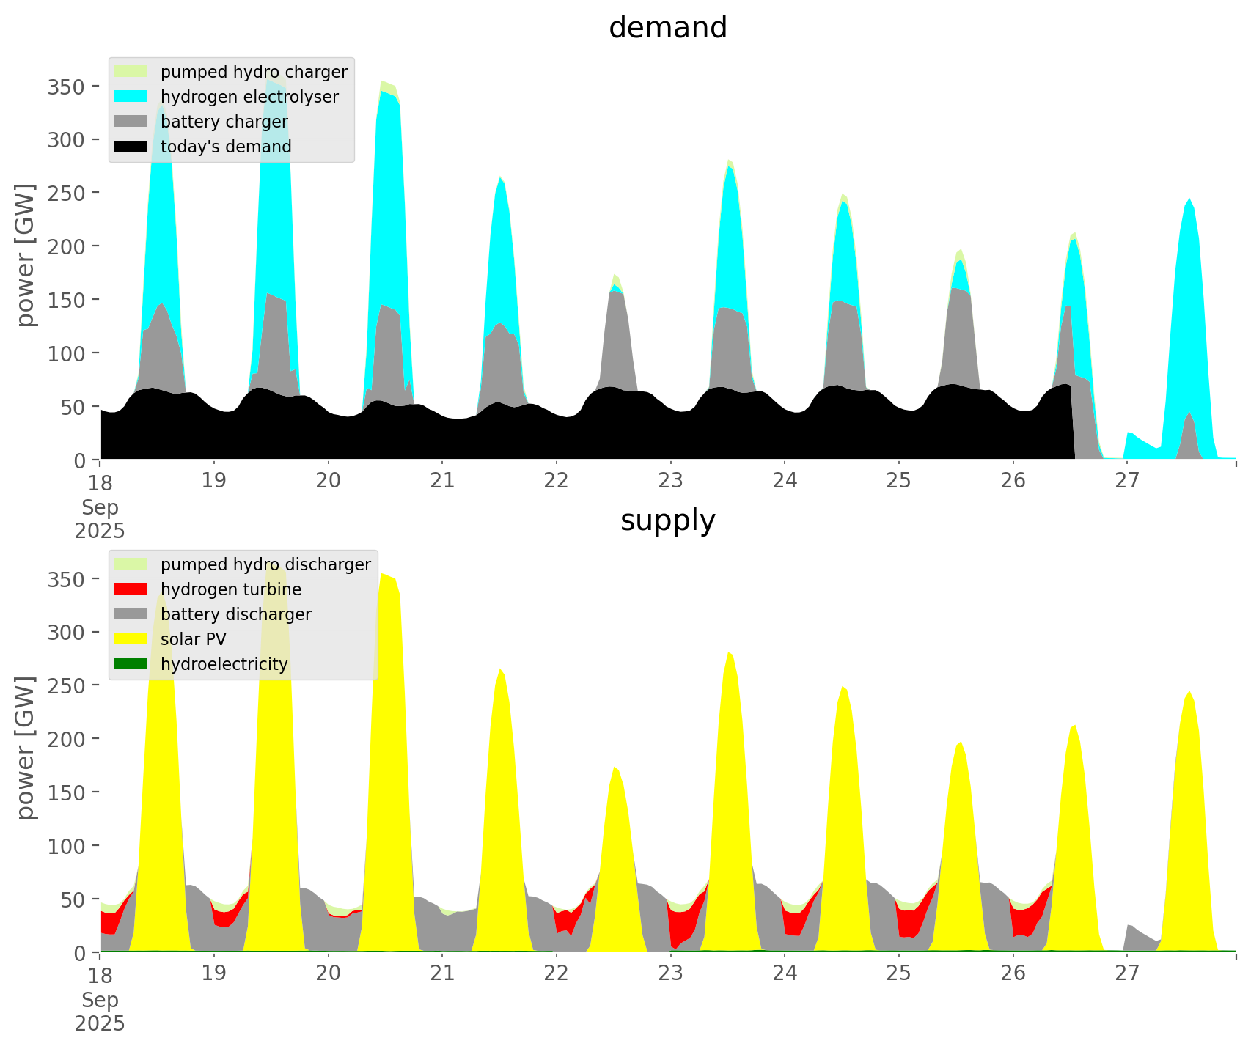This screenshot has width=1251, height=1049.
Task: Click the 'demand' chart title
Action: click(x=667, y=28)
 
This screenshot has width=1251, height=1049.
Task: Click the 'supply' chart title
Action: click(x=667, y=520)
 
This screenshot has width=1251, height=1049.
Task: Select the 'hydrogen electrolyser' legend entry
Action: click(x=249, y=97)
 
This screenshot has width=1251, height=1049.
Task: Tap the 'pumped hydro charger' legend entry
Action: click(x=254, y=72)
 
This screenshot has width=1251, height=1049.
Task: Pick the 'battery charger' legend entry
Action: click(x=224, y=122)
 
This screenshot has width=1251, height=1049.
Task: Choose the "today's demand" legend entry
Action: click(x=226, y=147)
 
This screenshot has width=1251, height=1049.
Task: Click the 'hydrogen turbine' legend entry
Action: click(x=231, y=589)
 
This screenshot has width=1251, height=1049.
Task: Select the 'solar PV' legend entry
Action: click(x=194, y=639)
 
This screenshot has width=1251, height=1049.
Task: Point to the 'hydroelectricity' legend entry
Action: click(x=224, y=664)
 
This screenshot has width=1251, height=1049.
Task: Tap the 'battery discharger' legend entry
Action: click(x=235, y=614)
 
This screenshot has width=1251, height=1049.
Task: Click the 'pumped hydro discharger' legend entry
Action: click(x=265, y=564)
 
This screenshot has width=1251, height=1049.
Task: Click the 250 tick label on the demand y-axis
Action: click(x=65, y=193)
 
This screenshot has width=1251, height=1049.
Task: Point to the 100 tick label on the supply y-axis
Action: click(x=65, y=846)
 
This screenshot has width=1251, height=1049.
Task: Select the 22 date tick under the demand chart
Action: click(x=557, y=481)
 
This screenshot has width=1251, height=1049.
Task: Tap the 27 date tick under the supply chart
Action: click(x=1127, y=973)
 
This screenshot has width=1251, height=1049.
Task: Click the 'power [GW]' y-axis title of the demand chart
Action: click(x=25, y=255)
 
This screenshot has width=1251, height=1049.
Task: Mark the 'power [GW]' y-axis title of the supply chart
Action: click(x=25, y=748)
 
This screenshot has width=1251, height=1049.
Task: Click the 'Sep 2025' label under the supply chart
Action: click(x=100, y=1012)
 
